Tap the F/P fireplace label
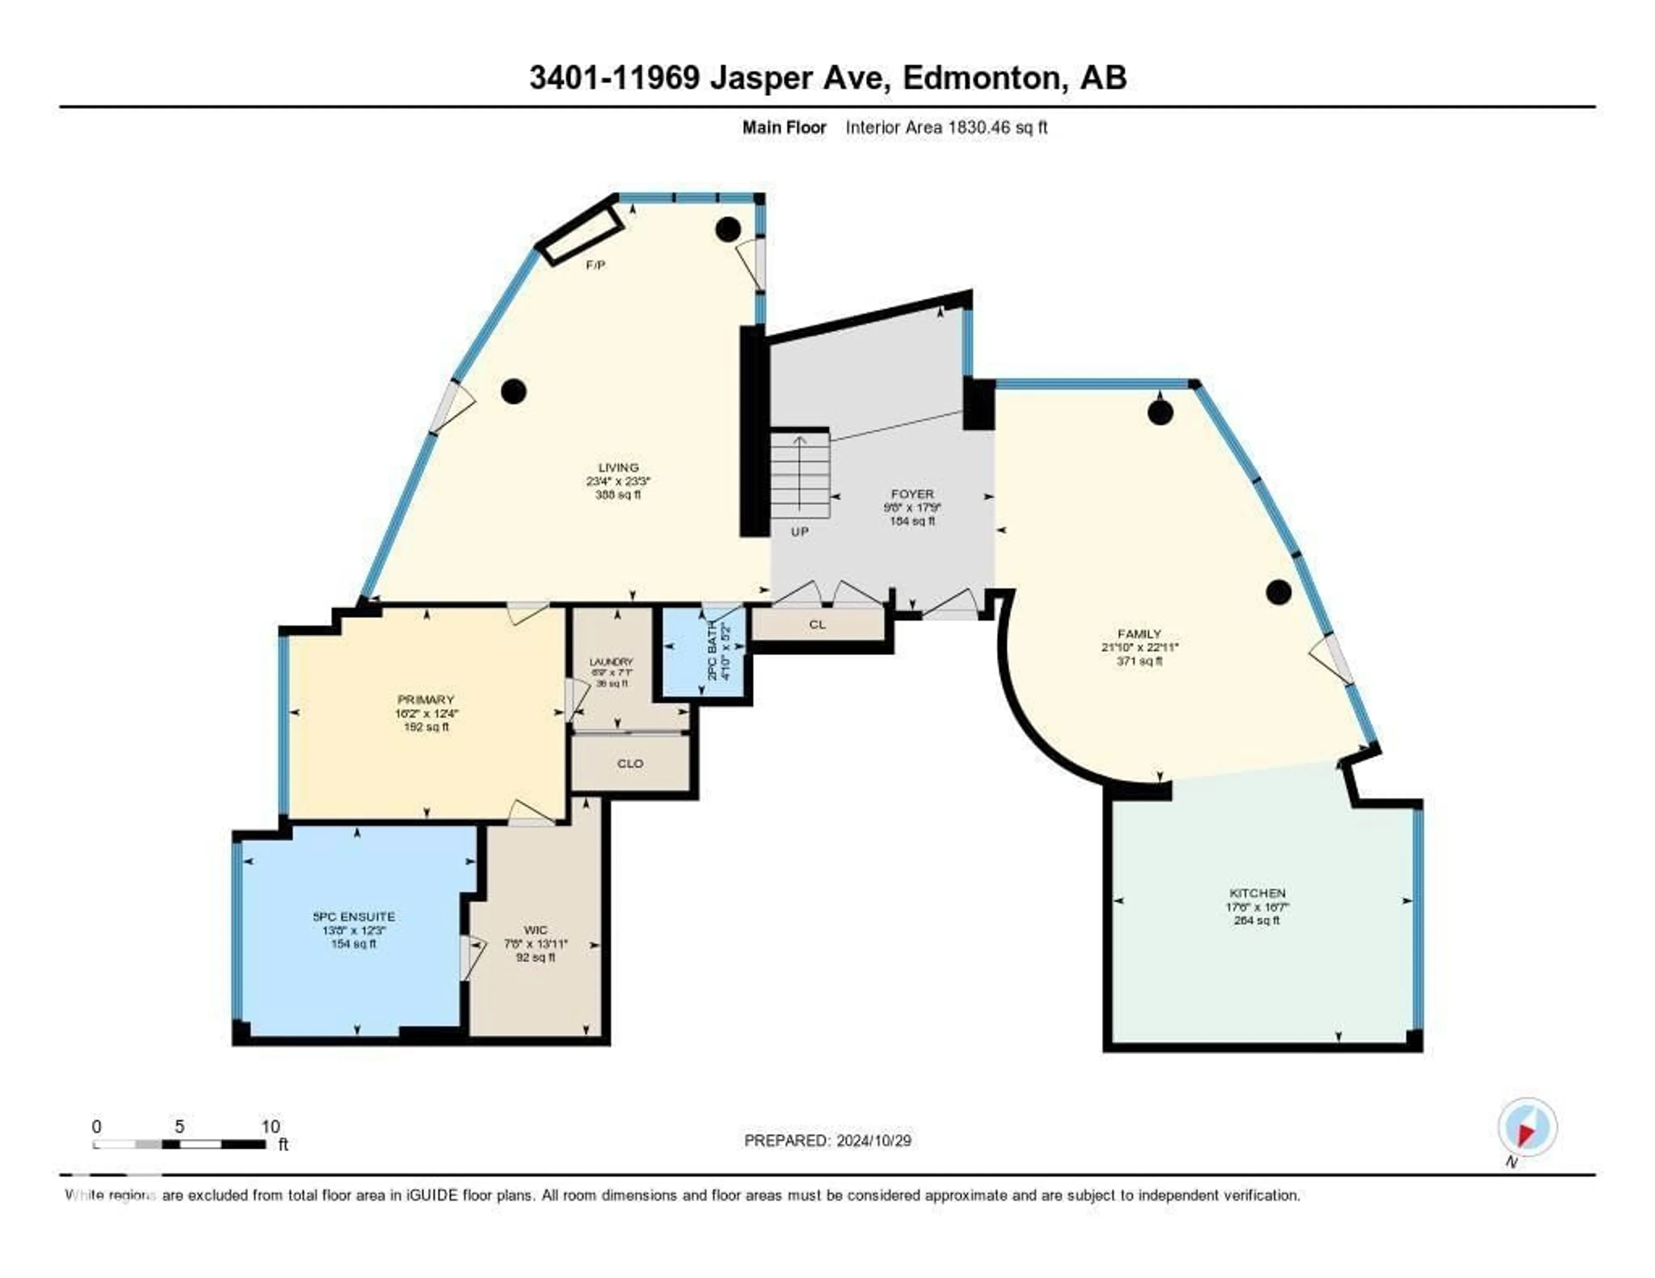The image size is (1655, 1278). click(596, 265)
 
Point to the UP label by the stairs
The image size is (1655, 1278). click(799, 532)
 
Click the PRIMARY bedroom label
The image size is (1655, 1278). click(426, 699)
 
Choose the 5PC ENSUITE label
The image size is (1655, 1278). click(354, 916)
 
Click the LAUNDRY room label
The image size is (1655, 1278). click(612, 661)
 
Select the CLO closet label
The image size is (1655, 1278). click(630, 764)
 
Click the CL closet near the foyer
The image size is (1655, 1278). click(817, 625)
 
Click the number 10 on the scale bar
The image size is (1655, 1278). click(271, 1126)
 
